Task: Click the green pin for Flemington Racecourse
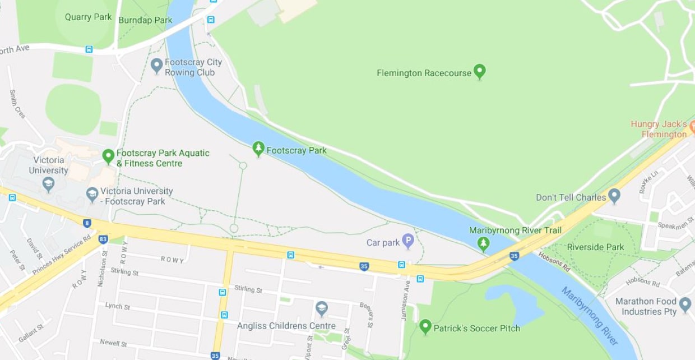point(479,72)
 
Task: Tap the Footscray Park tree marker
point(258,149)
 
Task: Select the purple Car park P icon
point(408,242)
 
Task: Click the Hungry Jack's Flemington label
point(659,129)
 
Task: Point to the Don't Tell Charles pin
point(614,196)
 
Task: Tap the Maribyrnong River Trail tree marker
point(483,243)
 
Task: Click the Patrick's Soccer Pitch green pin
point(425,326)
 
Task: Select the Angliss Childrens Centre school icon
point(322,308)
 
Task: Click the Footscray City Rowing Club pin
point(157,66)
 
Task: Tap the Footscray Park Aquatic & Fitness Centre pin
point(109,156)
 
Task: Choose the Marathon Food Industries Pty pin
point(685,305)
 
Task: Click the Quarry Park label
point(88,17)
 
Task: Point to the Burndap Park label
point(145,20)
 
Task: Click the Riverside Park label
point(595,247)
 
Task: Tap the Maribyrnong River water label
point(590,316)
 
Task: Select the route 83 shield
point(103,239)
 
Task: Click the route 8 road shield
point(87,223)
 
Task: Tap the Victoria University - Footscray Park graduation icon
point(92,195)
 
